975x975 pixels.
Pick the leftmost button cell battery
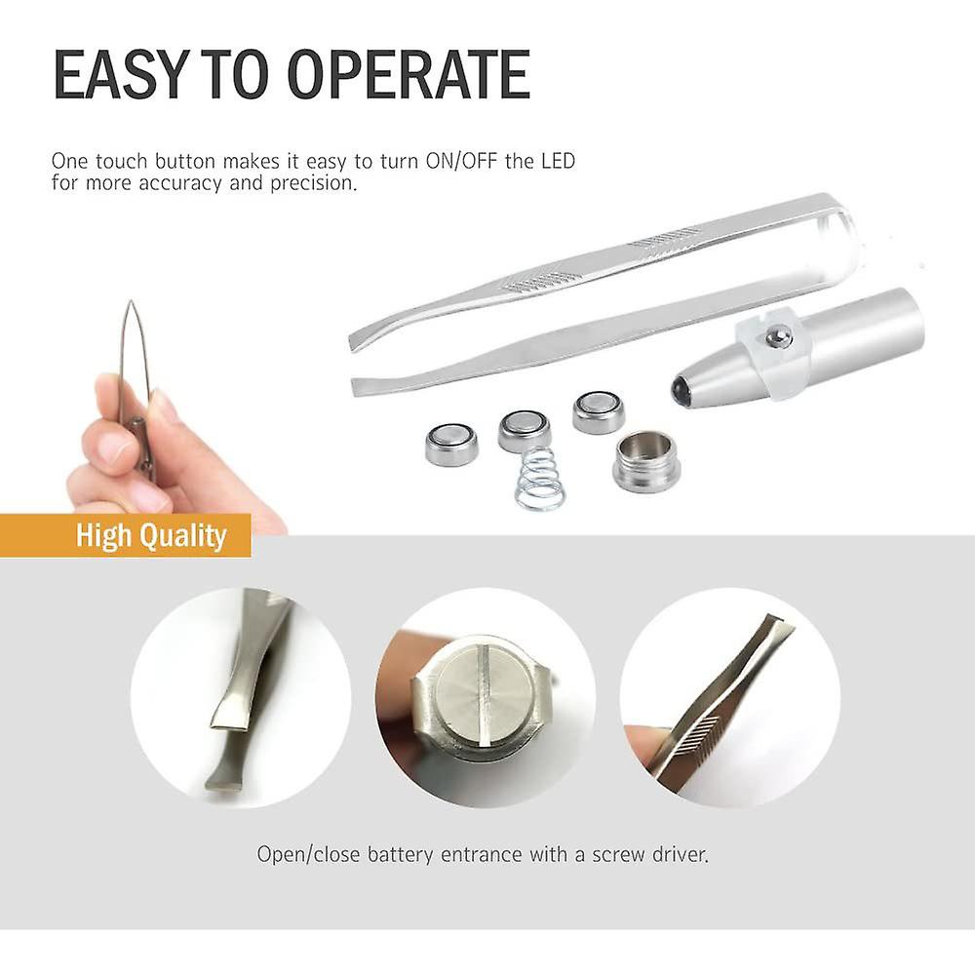(451, 444)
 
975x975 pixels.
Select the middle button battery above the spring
(525, 429)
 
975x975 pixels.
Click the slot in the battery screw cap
(485, 695)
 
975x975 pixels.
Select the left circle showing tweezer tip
(240, 697)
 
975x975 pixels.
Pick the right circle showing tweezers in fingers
(729, 697)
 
